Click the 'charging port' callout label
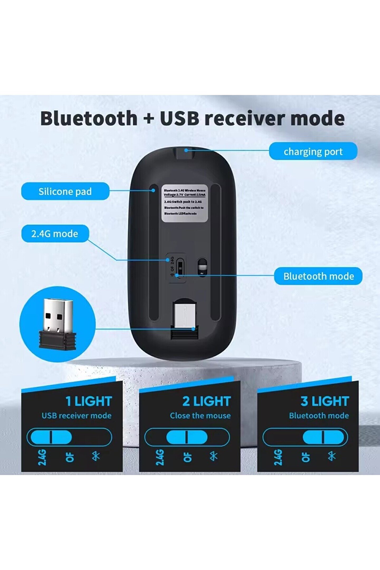point(313,151)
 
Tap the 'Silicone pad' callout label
point(65,191)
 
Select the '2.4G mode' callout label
point(55,234)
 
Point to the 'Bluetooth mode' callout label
point(318,276)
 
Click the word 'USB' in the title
point(179,118)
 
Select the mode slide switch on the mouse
point(180,267)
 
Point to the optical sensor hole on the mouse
point(202,267)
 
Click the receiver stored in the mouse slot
point(185,318)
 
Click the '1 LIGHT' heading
point(89,401)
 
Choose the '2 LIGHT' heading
point(207,401)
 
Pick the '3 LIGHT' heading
point(325,401)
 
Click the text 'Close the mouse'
point(200,416)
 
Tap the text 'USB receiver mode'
point(77,416)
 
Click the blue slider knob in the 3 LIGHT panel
point(323,437)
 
